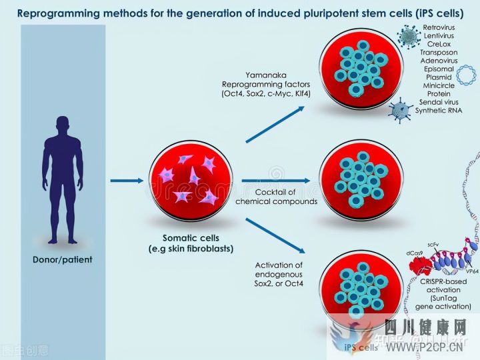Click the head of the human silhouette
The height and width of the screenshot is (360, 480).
(x=63, y=125)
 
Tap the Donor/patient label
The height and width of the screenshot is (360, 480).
(x=63, y=259)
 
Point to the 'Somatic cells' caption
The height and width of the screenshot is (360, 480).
(x=191, y=237)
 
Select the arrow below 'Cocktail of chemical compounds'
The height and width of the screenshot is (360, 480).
(x=276, y=181)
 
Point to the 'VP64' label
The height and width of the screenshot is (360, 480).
(x=472, y=271)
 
